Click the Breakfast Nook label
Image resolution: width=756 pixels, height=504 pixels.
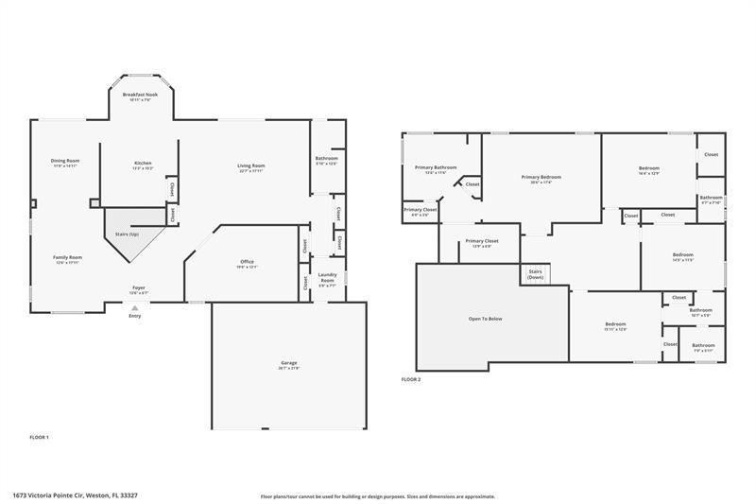click(x=139, y=95)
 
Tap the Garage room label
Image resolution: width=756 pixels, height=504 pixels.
click(x=289, y=362)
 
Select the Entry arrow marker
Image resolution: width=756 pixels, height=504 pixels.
click(x=134, y=307)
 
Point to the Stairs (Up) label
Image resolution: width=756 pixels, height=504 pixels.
click(x=127, y=233)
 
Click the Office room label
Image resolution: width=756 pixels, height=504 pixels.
click(x=247, y=262)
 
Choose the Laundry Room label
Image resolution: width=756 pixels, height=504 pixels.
click(x=327, y=279)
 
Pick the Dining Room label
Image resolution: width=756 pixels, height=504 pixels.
click(x=65, y=161)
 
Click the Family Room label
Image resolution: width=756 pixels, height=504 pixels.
click(x=67, y=257)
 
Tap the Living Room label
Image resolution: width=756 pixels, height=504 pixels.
click(x=251, y=166)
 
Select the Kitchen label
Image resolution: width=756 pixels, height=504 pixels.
click(x=143, y=164)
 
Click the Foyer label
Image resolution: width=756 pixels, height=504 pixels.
click(x=138, y=287)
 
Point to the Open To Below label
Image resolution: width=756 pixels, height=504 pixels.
click(x=485, y=319)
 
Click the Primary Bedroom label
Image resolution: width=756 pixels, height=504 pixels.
click(x=541, y=178)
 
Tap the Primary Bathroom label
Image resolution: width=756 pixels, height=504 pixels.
click(x=436, y=168)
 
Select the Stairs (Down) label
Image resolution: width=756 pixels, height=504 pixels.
click(x=536, y=275)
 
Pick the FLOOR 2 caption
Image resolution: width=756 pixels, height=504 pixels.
click(x=411, y=379)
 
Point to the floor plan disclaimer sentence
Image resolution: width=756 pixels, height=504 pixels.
click(x=377, y=495)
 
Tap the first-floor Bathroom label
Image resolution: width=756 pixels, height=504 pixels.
click(x=326, y=159)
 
